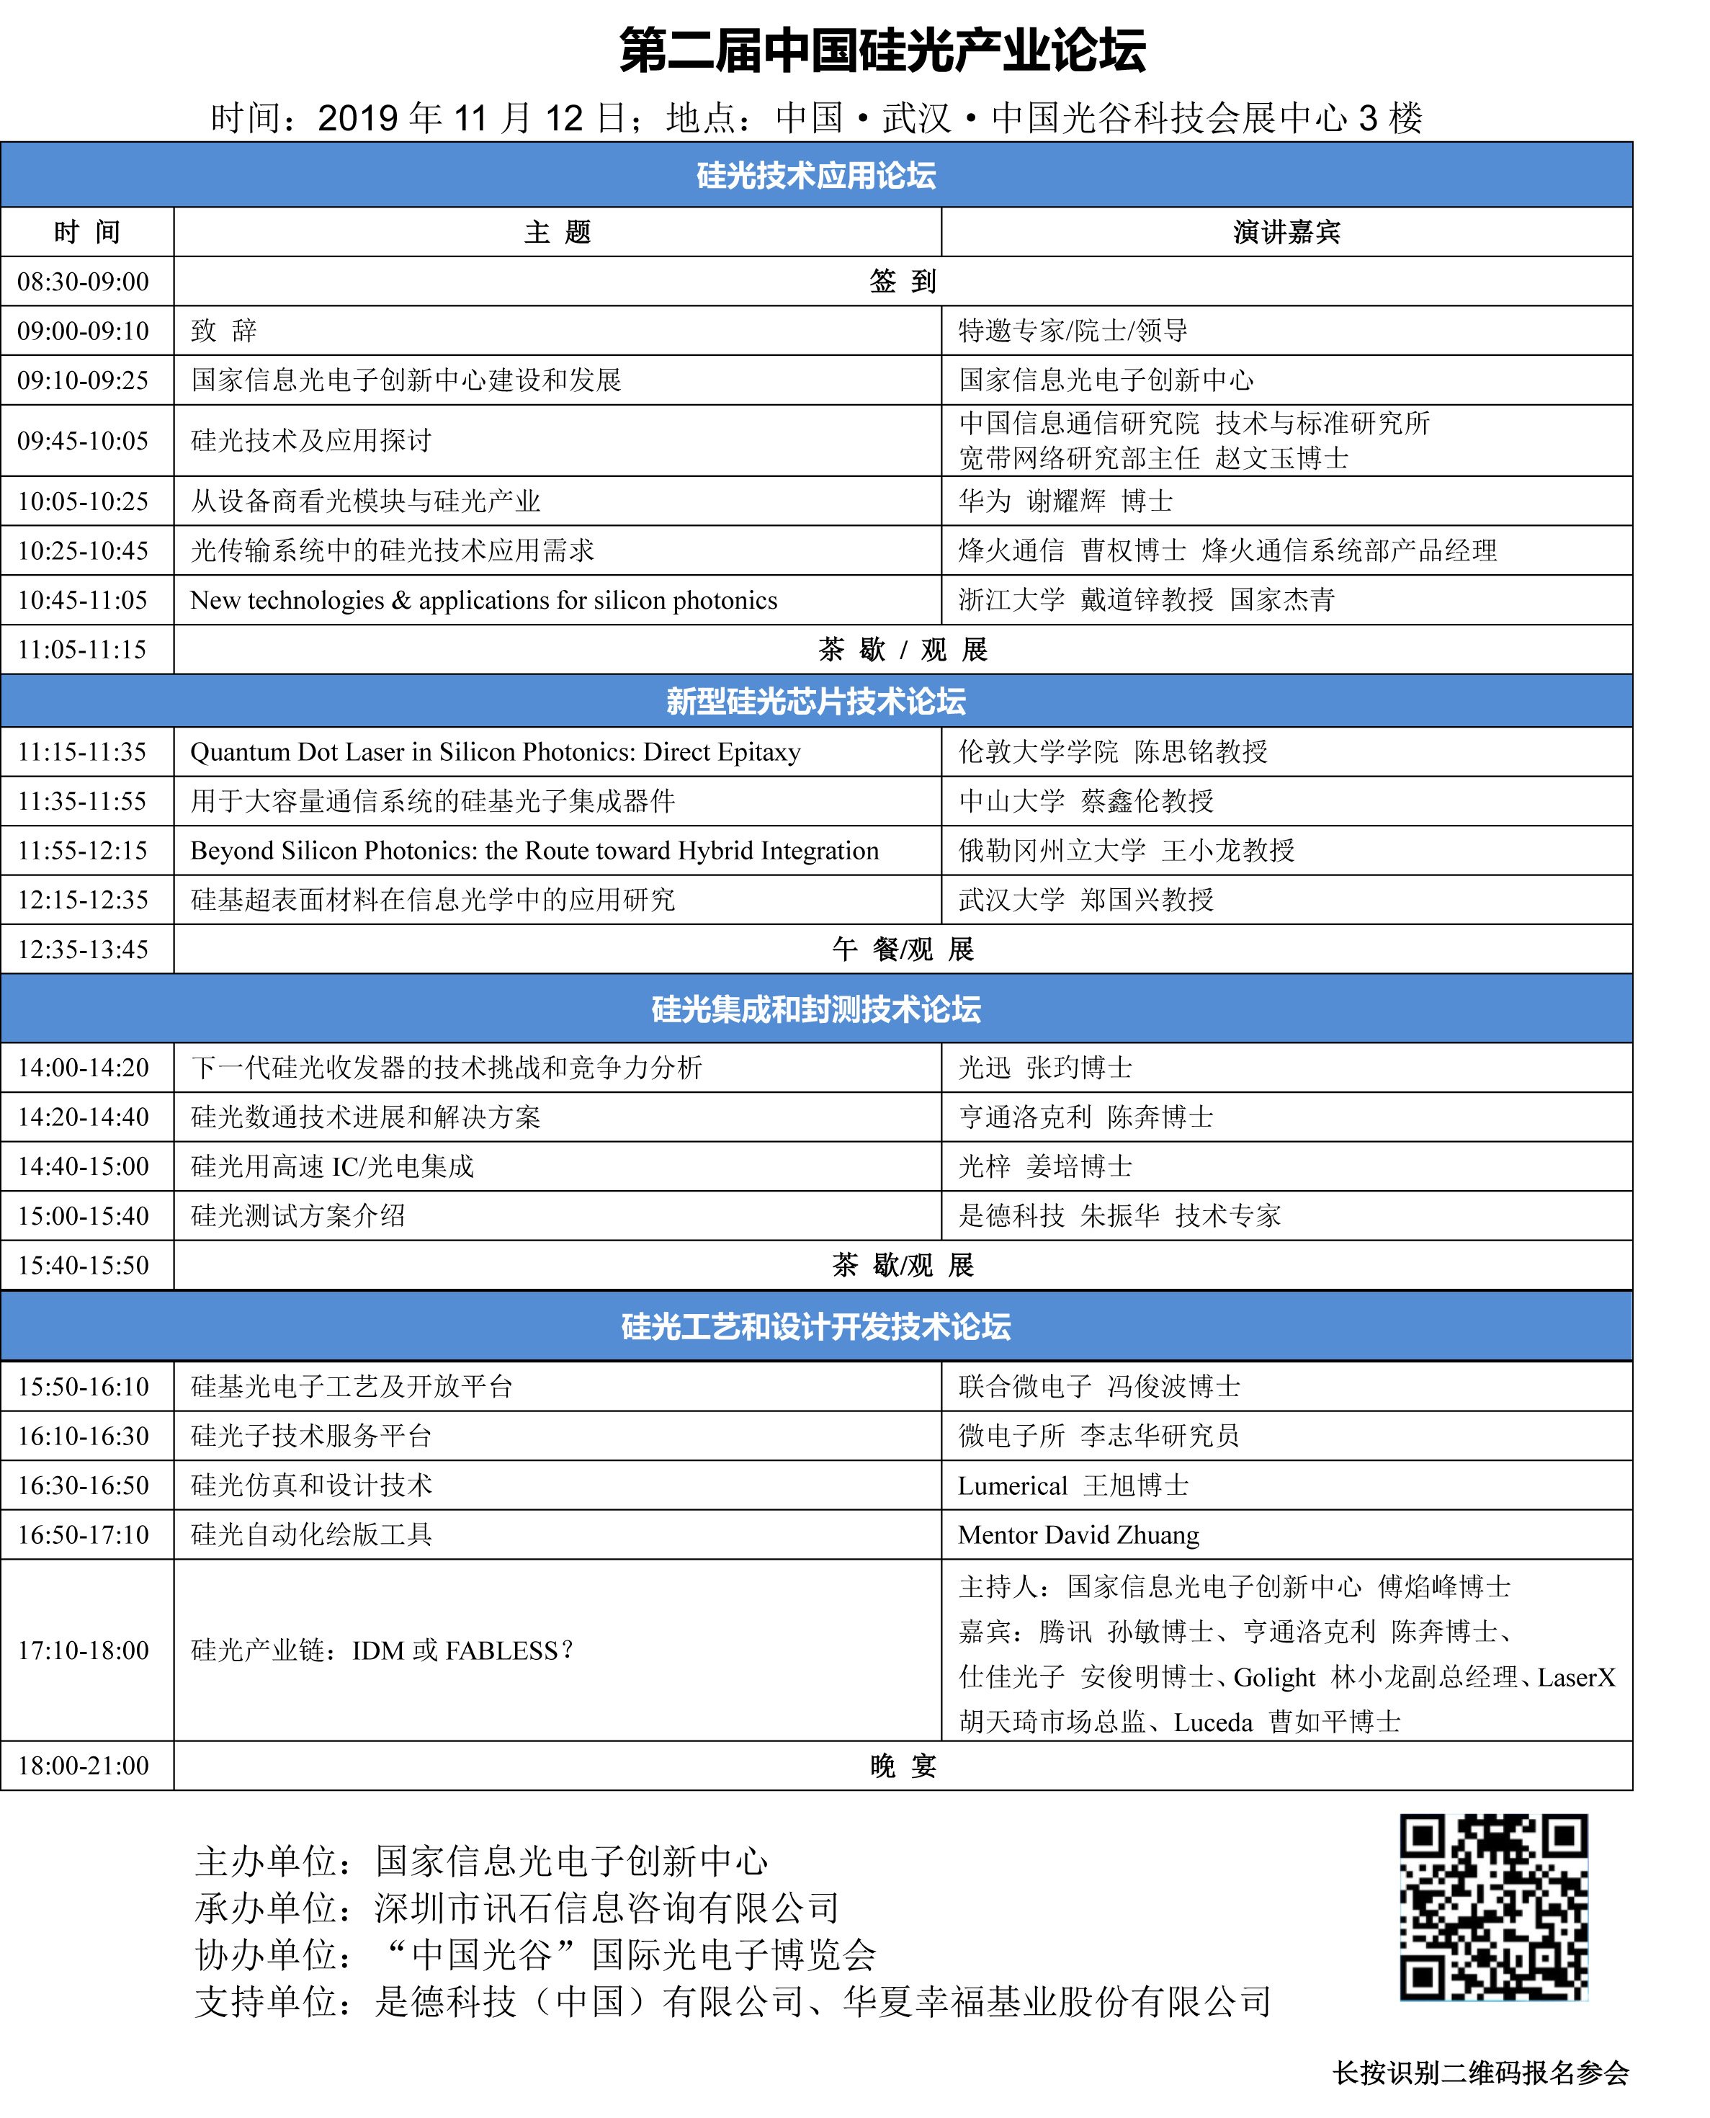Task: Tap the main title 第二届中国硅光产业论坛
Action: (882, 51)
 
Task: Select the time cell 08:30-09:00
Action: (84, 282)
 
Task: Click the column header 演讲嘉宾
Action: (1286, 233)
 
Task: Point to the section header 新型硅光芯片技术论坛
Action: (815, 702)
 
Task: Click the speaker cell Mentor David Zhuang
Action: (1078, 1534)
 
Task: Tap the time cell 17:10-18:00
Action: (84, 1650)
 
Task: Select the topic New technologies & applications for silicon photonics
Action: (483, 601)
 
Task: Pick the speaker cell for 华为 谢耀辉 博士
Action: (1066, 501)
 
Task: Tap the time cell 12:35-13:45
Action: (84, 949)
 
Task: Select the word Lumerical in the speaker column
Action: (1013, 1485)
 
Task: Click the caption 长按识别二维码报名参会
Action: (1480, 2073)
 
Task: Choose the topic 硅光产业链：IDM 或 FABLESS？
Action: (382, 1650)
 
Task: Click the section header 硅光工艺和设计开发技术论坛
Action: (815, 1327)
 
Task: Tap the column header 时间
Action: (86, 233)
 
